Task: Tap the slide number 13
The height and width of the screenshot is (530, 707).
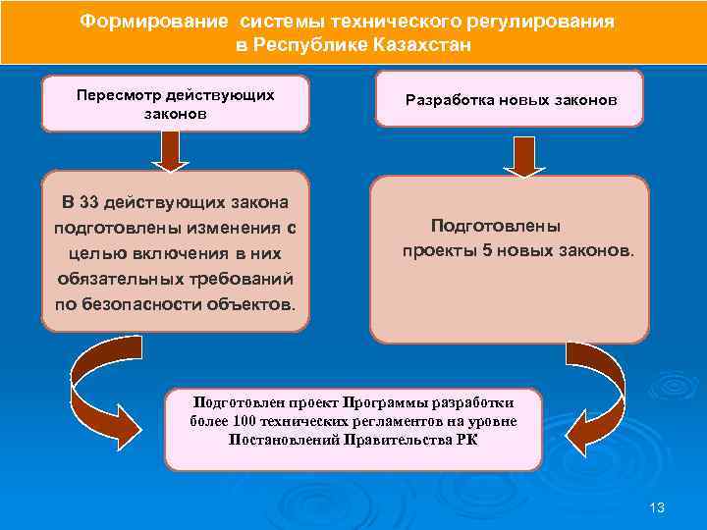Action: [657, 507]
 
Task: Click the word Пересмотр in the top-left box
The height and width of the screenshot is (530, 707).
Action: [112, 95]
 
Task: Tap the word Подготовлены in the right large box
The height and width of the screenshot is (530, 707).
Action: [496, 226]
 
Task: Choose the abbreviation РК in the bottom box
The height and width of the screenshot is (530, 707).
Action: [466, 440]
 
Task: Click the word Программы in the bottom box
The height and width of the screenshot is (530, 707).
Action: [381, 402]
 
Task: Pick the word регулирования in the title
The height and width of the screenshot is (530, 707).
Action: [533, 22]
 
